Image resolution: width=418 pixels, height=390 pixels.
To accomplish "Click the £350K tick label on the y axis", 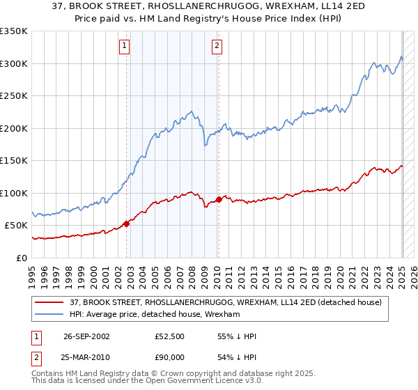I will click(14, 31).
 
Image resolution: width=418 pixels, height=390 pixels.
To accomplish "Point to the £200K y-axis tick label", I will click(14, 128).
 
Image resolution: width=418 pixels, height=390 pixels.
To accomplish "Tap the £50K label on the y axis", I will click(16, 226).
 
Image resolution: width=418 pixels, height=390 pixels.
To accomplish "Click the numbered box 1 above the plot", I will click(124, 47).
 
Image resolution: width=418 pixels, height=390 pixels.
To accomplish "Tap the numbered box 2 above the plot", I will click(217, 47).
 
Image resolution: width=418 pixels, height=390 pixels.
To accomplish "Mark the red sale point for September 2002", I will click(127, 224).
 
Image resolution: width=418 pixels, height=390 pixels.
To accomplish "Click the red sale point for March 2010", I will click(219, 199).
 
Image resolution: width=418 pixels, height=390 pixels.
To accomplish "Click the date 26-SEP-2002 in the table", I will click(86, 336).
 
